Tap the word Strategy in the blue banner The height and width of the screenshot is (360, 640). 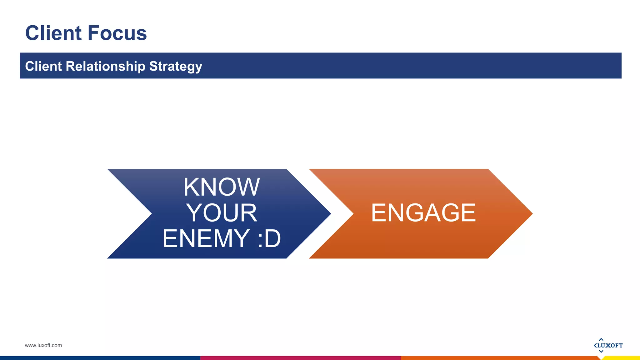pos(176,67)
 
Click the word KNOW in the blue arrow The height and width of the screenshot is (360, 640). pos(221,187)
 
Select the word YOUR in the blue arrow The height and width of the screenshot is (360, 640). pos(222,213)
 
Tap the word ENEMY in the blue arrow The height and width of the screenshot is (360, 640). pos(206,238)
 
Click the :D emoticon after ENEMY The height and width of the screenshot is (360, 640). pos(269,238)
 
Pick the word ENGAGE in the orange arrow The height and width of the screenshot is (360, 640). pos(423,213)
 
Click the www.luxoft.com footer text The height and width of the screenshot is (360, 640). pos(43,345)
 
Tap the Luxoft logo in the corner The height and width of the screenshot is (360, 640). pos(608,345)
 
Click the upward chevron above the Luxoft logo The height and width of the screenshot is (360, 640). pos(601,339)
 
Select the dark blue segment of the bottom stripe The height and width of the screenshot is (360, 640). pos(100,358)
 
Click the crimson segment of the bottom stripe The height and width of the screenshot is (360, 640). pos(300,358)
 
